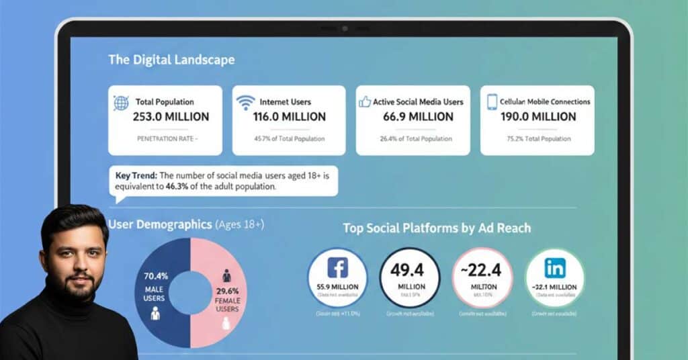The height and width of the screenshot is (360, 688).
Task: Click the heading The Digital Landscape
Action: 171,60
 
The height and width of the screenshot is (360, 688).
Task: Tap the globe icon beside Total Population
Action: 122,103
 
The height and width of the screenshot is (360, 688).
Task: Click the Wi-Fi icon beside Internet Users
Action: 246,103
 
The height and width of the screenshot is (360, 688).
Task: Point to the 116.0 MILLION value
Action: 289,117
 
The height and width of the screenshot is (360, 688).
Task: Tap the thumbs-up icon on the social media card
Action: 365,102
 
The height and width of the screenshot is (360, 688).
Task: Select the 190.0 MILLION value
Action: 538,117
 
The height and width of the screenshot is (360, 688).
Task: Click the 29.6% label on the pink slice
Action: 228,291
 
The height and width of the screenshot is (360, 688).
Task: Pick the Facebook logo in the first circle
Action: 337,268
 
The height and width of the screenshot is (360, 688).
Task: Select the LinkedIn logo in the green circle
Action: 555,268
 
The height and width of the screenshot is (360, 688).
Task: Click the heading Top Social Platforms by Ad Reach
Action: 437,228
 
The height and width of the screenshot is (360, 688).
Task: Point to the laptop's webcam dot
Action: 344,29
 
